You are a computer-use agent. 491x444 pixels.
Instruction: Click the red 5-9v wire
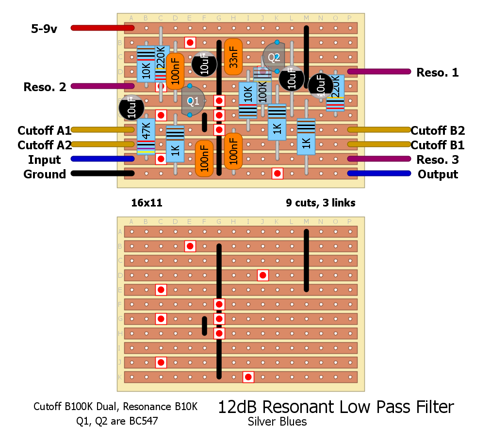coord(102,28)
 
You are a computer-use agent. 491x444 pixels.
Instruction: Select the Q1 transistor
coord(193,101)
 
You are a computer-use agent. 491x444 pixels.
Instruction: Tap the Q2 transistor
coord(274,58)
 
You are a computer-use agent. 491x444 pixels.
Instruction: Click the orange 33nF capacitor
coord(233,57)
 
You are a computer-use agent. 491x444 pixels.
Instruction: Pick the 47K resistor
coord(146,136)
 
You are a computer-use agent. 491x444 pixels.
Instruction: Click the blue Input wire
coord(102,159)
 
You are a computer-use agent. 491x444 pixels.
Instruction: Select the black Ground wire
coord(102,173)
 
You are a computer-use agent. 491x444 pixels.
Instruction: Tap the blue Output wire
coord(379,173)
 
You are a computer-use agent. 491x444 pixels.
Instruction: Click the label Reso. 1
coord(437,73)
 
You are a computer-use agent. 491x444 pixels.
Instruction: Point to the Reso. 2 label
coord(45,87)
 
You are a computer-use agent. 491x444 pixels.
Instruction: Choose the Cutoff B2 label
coord(438,131)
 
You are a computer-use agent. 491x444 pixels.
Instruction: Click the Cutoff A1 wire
coord(102,129)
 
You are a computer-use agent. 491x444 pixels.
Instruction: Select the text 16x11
coord(147,203)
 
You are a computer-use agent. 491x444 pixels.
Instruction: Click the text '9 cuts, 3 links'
coord(321,203)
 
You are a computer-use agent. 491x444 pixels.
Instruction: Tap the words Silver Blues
coord(277,422)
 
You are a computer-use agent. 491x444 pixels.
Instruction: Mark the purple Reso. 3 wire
coord(379,159)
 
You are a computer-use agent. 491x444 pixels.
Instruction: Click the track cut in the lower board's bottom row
coord(248,377)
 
